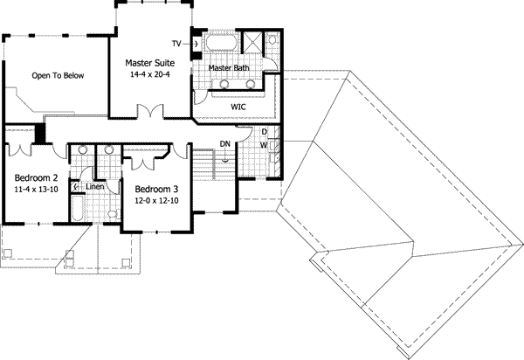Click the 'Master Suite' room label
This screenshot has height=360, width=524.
(x=150, y=64)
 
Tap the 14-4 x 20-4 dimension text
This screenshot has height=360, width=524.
(x=150, y=75)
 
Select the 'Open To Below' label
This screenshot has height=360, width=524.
(x=58, y=76)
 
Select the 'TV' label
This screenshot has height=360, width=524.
(x=176, y=43)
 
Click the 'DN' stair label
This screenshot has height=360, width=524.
(x=224, y=144)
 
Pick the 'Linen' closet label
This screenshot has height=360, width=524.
(x=95, y=187)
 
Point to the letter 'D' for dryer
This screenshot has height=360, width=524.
(x=264, y=132)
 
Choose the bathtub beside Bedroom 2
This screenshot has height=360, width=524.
(x=77, y=210)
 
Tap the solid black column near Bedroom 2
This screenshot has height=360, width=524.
(x=38, y=135)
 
